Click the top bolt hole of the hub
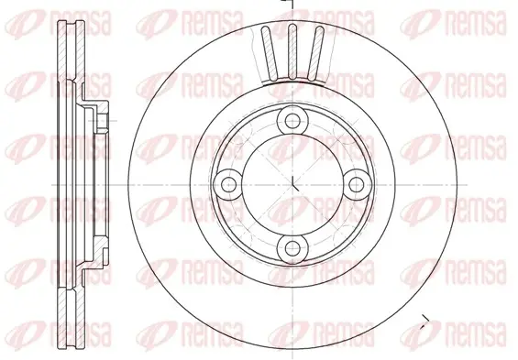pyautogui.click(x=292, y=121)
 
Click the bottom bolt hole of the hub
pyautogui.click(x=292, y=248)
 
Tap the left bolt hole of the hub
pyautogui.click(x=228, y=184)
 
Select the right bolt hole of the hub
pyautogui.click(x=356, y=184)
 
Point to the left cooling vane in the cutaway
pyautogui.click(x=270, y=53)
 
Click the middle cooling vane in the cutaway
pyautogui.click(x=292, y=52)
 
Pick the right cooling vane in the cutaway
pyautogui.click(x=314, y=53)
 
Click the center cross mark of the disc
pyautogui.click(x=293, y=184)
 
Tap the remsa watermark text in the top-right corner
pyautogui.click(x=477, y=23)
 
